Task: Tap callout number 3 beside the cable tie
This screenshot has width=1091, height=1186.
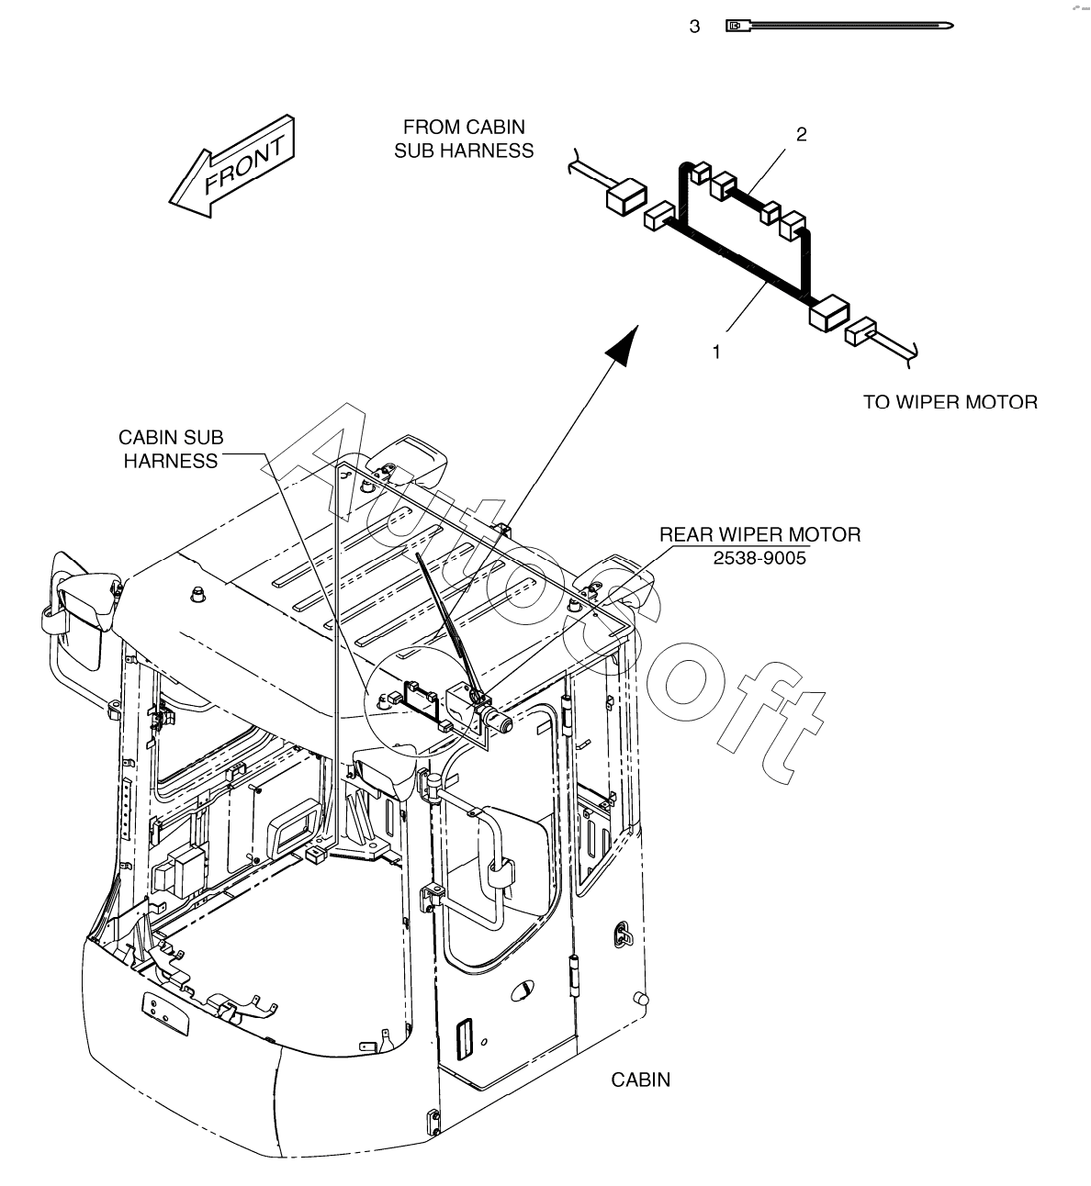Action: point(694,27)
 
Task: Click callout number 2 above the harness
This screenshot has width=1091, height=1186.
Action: point(801,135)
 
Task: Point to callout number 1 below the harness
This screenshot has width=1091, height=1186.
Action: point(717,351)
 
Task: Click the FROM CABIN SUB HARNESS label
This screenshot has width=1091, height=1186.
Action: point(464,139)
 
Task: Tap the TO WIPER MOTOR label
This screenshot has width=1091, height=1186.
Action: point(950,402)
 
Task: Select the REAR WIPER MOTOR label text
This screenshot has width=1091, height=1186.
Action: point(759,534)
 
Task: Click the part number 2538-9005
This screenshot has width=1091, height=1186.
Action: point(759,556)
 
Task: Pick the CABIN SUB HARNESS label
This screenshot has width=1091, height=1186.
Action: point(171,450)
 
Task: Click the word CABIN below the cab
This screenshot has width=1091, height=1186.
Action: point(641,1080)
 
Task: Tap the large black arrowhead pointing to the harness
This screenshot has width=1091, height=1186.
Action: point(624,345)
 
